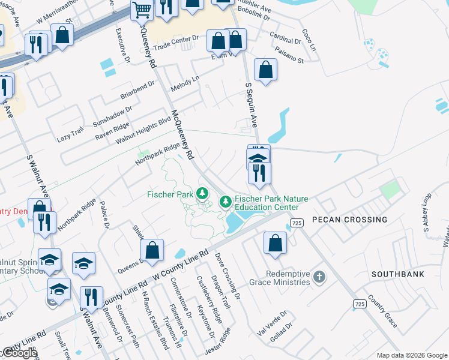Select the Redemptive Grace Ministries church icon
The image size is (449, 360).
pyautogui.click(x=319, y=277)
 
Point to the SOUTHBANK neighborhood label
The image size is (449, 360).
pyautogui.click(x=397, y=274)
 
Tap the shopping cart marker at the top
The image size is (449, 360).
pyautogui.click(x=142, y=9)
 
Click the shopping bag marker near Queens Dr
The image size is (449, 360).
pyautogui.click(x=152, y=251)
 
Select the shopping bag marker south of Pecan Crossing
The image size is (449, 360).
pyautogui.click(x=275, y=244)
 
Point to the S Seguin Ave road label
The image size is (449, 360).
pyautogui.click(x=251, y=106)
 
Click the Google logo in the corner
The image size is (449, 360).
pyautogui.click(x=19, y=353)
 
